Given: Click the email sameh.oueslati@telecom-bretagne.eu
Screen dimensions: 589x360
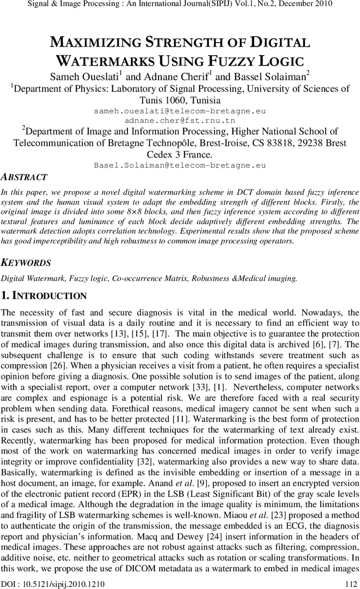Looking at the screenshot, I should (180, 111).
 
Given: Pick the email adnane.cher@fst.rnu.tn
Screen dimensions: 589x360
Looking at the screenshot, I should (180, 120).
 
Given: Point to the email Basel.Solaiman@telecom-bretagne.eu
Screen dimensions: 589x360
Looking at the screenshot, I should (180, 165).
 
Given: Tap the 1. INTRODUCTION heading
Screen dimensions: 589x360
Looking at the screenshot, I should (44, 295).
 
